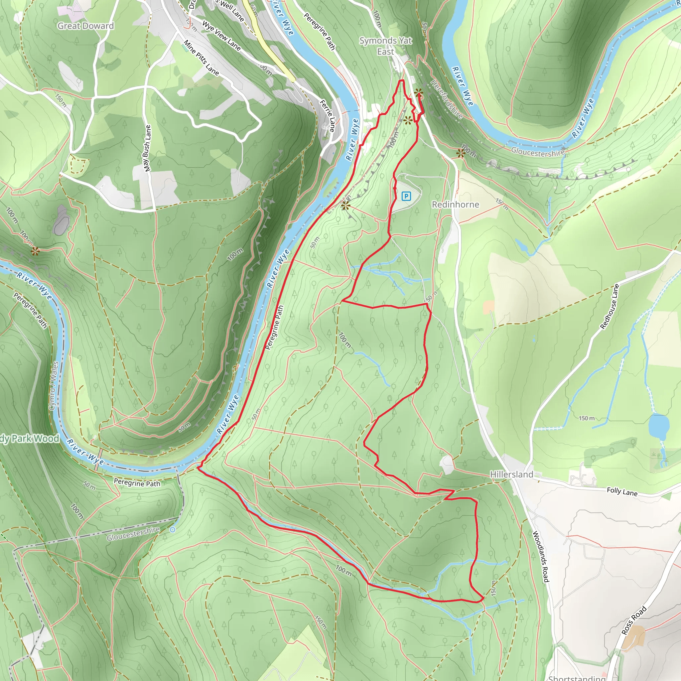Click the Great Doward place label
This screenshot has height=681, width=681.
[86, 26]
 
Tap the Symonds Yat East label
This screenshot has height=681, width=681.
[386, 46]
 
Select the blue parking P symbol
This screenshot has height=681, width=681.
[406, 196]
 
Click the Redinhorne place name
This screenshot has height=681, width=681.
[456, 204]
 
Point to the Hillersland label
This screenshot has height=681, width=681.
[511, 475]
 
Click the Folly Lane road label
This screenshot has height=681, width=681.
[622, 491]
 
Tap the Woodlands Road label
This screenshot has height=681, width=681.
[541, 557]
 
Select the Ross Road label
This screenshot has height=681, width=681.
[634, 620]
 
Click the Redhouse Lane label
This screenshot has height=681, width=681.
[610, 307]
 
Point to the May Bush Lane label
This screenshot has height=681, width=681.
[147, 148]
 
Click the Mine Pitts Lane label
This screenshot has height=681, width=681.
[201, 58]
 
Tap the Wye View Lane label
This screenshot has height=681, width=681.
[221, 36]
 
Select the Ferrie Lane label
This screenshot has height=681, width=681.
[327, 116]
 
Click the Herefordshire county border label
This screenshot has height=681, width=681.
[447, 99]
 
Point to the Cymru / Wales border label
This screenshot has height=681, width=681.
[54, 386]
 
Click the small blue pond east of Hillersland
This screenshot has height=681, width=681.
[658, 427]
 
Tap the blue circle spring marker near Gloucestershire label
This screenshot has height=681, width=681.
[172, 530]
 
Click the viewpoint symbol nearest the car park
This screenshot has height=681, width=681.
[345, 205]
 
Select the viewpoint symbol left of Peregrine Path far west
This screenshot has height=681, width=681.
[35, 251]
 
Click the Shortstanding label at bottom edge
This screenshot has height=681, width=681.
[577, 678]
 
